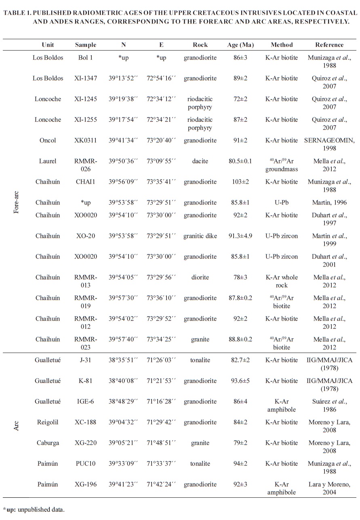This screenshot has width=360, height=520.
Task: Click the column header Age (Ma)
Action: [x=240, y=45]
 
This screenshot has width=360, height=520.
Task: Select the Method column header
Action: [x=282, y=45]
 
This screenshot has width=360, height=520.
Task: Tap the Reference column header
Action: [x=329, y=45]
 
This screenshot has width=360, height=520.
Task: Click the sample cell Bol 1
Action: [x=86, y=57]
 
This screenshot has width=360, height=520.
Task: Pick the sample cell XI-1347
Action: [x=86, y=78]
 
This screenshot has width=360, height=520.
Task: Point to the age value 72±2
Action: [x=240, y=99]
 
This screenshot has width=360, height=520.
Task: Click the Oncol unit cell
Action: [x=48, y=140]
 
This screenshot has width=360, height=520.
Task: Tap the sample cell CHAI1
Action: [x=86, y=182]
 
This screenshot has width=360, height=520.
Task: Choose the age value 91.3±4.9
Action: [x=240, y=235]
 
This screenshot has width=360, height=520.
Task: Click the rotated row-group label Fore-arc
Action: [x=17, y=202]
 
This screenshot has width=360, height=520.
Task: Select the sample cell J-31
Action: [x=86, y=360]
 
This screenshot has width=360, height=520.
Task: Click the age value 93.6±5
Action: [x=240, y=380]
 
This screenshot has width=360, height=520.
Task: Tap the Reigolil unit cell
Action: [x=48, y=422]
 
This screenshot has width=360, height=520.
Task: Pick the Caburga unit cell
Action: [x=48, y=443]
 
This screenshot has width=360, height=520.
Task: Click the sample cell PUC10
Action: [x=86, y=463]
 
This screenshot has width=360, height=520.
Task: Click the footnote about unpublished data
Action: [x=34, y=509]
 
